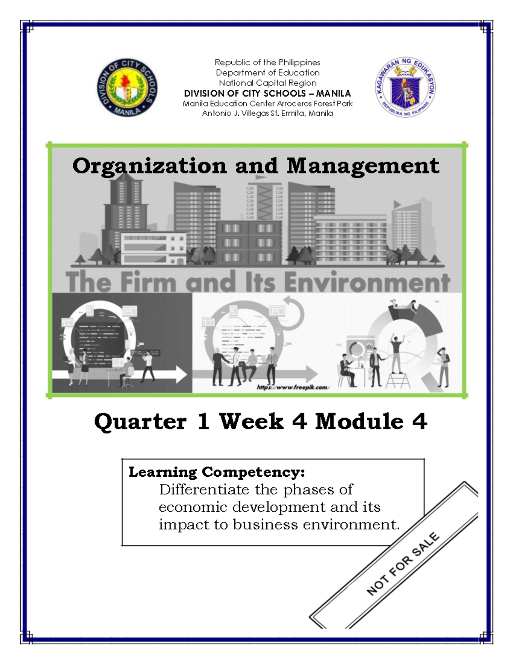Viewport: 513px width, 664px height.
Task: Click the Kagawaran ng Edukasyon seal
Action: click(405, 87)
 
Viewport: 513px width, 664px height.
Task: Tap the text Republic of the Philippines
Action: click(267, 62)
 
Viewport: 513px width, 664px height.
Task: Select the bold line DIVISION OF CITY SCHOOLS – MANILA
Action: click(267, 93)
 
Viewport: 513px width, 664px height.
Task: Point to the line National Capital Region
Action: click(267, 83)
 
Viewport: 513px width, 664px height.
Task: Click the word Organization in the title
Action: click(149, 166)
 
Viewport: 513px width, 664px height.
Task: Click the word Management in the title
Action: click(363, 166)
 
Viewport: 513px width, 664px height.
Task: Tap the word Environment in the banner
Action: click(367, 283)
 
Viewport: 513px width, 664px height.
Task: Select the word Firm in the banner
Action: click(148, 283)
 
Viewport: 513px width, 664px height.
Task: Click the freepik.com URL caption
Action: click(292, 387)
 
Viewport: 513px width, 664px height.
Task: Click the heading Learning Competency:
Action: click(217, 472)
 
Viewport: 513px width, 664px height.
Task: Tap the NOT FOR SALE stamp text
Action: click(403, 564)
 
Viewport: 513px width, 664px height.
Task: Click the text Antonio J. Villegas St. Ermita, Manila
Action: click(267, 113)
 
